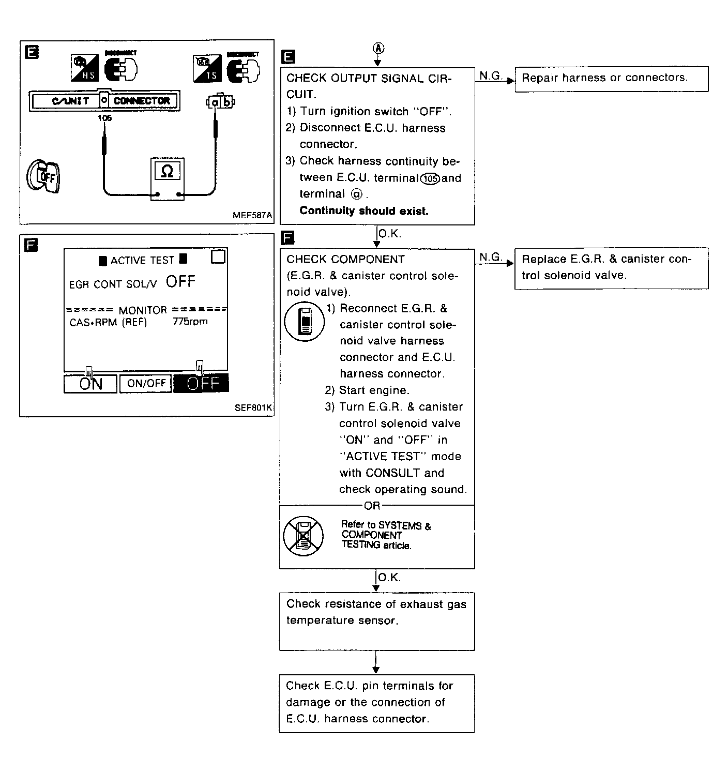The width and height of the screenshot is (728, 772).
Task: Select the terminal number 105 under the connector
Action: click(x=104, y=118)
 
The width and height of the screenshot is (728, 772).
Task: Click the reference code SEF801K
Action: click(x=253, y=408)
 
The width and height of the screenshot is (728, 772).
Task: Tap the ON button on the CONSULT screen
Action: click(x=90, y=384)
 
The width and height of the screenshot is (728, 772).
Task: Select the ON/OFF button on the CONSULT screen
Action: click(x=146, y=383)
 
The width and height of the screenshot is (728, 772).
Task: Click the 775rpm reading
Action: click(x=190, y=322)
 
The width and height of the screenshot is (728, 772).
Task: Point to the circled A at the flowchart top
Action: click(x=378, y=48)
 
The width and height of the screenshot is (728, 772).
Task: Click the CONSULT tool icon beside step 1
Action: click(x=305, y=321)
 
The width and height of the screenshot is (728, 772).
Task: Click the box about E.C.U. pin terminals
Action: click(x=376, y=703)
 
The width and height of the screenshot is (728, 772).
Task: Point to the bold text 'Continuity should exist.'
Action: click(x=364, y=211)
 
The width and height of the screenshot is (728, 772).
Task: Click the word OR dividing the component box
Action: click(x=372, y=506)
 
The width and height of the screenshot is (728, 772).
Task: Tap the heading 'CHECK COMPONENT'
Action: click(x=345, y=260)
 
